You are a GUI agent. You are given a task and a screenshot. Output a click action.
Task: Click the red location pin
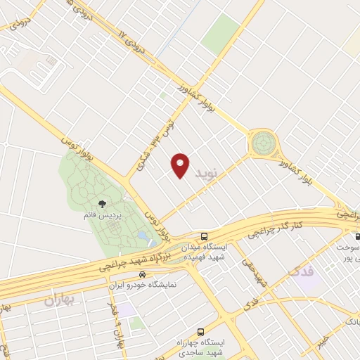pyautogui.click(x=181, y=164)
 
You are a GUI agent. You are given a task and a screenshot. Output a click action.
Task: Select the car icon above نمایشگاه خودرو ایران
pyautogui.click(x=143, y=274)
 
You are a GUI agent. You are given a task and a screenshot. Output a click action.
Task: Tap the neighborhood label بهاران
pyautogui.click(x=59, y=301)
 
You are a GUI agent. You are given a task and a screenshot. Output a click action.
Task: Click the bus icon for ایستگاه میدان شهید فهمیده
pyautogui.click(x=204, y=236)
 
